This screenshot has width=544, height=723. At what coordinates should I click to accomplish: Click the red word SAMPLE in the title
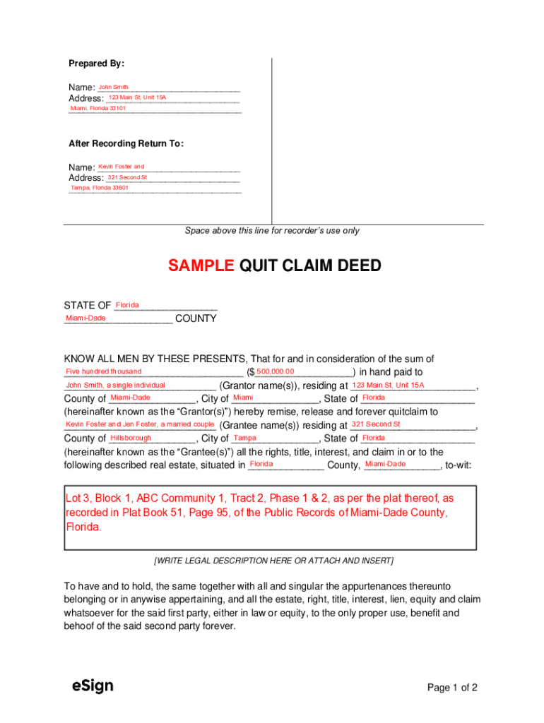pyautogui.click(x=201, y=265)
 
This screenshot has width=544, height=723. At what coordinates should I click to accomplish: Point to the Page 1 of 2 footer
pyautogui.click(x=453, y=688)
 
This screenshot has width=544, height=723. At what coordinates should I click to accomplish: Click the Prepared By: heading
pyautogui.click(x=96, y=64)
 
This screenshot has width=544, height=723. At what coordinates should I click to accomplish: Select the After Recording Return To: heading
pyautogui.click(x=126, y=143)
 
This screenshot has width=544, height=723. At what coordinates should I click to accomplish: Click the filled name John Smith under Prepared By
pyautogui.click(x=113, y=87)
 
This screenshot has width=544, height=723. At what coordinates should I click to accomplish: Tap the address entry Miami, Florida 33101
pyautogui.click(x=98, y=108)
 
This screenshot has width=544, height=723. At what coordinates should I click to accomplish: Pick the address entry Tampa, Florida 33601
pyautogui.click(x=100, y=188)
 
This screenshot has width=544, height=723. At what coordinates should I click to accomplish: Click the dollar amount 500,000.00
pyautogui.click(x=276, y=371)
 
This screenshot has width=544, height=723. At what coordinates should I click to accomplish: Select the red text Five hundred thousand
pyautogui.click(x=103, y=371)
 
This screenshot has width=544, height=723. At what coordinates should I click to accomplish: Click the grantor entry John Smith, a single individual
pyautogui.click(x=115, y=385)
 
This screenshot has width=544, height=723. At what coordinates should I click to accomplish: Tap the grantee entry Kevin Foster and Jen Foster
pyautogui.click(x=140, y=424)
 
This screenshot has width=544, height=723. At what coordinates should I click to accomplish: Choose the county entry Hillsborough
pyautogui.click(x=131, y=438)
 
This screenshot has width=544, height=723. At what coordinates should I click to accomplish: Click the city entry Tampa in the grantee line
pyautogui.click(x=244, y=438)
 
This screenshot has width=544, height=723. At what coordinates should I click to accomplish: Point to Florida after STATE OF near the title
pyautogui.click(x=127, y=305)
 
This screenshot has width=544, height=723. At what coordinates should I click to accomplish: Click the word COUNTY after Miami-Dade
pyautogui.click(x=196, y=318)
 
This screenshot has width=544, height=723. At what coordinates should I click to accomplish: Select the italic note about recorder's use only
pyautogui.click(x=272, y=230)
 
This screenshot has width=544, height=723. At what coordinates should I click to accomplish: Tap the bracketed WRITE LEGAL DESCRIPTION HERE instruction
pyautogui.click(x=273, y=561)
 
